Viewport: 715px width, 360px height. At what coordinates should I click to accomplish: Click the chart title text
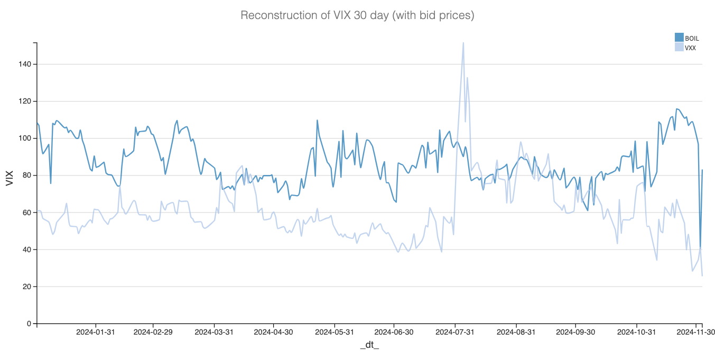[357, 15]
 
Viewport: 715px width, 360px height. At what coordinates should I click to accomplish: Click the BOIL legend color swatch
[679, 38]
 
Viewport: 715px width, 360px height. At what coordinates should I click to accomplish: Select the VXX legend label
[690, 48]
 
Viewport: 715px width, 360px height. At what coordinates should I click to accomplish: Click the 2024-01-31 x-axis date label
[96, 333]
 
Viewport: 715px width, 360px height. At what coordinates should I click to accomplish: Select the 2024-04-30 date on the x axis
[273, 333]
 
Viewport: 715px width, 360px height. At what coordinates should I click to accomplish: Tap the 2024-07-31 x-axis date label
[455, 333]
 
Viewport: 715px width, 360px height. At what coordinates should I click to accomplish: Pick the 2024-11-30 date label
[696, 333]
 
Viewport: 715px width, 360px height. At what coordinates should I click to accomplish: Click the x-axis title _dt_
[369, 345]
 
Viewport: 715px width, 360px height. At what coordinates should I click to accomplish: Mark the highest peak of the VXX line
[463, 43]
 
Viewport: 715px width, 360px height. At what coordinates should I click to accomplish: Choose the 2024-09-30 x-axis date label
[575, 333]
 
